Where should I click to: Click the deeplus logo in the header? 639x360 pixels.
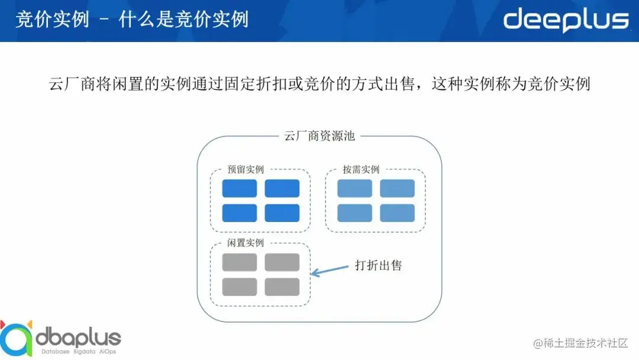click(566, 20)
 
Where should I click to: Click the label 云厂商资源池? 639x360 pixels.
click(319, 136)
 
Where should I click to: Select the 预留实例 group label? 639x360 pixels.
click(246, 169)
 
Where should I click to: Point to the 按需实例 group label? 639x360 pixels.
click(361, 169)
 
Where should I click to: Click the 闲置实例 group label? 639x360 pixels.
click(246, 243)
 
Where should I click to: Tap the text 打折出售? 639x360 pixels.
click(378, 265)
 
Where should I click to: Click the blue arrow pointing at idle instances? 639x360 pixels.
click(330, 270)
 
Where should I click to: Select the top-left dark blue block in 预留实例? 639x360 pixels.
click(240, 188)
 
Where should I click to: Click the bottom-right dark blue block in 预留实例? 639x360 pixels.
click(282, 213)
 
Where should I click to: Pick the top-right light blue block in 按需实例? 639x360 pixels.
click(397, 188)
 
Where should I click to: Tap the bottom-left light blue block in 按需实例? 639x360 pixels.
click(354, 213)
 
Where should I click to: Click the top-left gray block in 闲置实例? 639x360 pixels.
click(240, 262)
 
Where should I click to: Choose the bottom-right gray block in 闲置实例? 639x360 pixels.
click(282, 287)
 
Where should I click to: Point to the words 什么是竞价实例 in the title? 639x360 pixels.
click(183, 20)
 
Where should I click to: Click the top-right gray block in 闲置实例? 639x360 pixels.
click(282, 262)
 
